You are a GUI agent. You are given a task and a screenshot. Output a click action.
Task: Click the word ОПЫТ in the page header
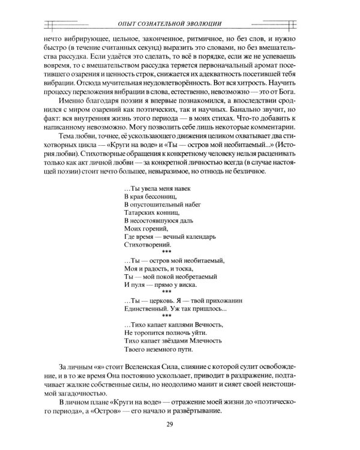pyautogui.click(x=129, y=23)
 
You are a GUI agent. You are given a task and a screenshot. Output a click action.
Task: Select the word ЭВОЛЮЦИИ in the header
pyautogui.click(x=204, y=23)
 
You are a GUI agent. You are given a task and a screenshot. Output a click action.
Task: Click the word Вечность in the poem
pyautogui.click(x=205, y=324)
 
